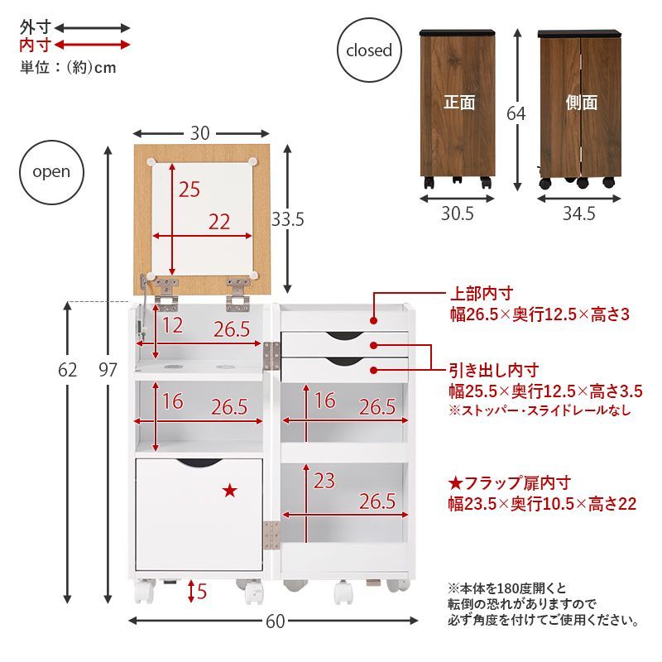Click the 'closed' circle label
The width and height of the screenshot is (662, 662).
pyautogui.click(x=368, y=50)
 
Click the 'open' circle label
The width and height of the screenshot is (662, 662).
pyautogui.click(x=51, y=173)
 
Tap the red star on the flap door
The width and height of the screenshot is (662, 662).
pyautogui.click(x=229, y=491)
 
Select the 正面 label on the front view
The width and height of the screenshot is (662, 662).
pyautogui.click(x=459, y=103)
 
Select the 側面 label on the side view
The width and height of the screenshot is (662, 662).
pyautogui.click(x=581, y=103)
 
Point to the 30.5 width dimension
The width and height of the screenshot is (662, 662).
pyautogui.click(x=457, y=214)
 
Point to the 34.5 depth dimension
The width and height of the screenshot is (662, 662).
pyautogui.click(x=579, y=214)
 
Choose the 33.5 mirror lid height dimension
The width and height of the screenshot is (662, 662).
pyautogui.click(x=288, y=219)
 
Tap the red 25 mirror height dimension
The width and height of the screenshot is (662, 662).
pyautogui.click(x=189, y=189)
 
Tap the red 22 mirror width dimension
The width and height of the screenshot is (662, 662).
pyautogui.click(x=219, y=222)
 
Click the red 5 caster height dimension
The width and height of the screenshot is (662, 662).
pyautogui.click(x=203, y=592)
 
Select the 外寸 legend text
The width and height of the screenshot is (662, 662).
pyautogui.click(x=35, y=27)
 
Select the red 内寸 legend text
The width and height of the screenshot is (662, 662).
pyautogui.click(x=35, y=45)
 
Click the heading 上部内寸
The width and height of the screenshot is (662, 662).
pyautogui.click(x=482, y=294)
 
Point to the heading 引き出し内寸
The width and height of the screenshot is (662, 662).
pyautogui.click(x=493, y=370)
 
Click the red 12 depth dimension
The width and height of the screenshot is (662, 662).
pyautogui.click(x=172, y=325)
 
